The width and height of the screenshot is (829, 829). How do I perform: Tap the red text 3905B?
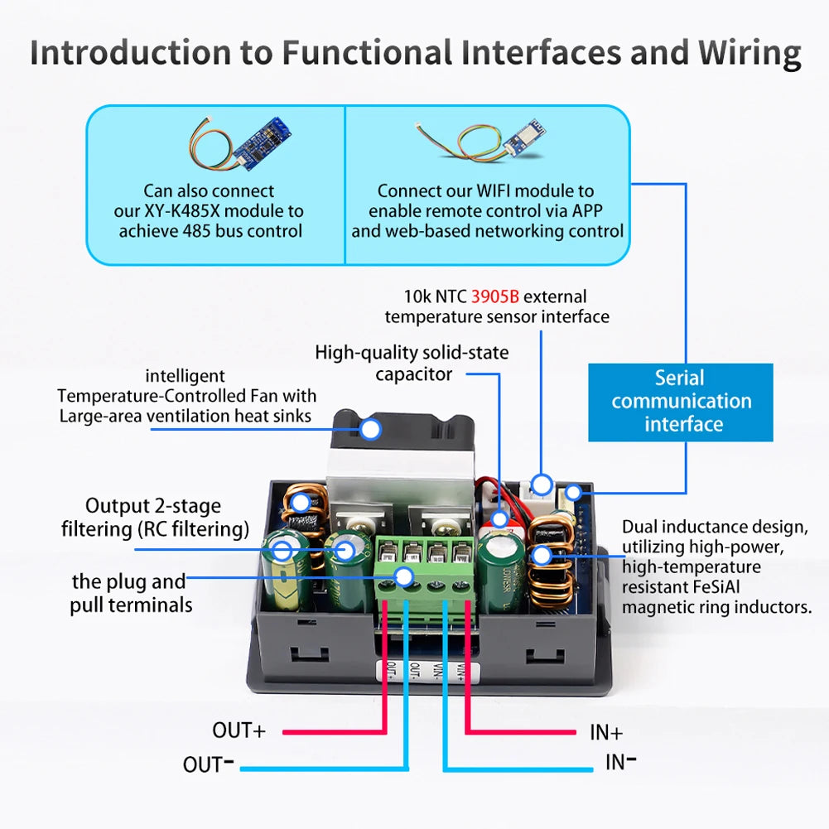click(x=495, y=296)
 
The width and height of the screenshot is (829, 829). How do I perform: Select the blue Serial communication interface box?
click(x=680, y=402)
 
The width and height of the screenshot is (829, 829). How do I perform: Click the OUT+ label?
click(x=239, y=730)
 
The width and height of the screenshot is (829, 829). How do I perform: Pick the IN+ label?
click(x=606, y=732)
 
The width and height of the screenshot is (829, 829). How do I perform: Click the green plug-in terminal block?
click(x=425, y=566)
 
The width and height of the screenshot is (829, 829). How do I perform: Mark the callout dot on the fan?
click(x=370, y=428)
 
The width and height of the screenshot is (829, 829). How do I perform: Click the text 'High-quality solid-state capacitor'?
click(x=412, y=364)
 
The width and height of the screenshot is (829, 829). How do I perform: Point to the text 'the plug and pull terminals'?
click(x=130, y=594)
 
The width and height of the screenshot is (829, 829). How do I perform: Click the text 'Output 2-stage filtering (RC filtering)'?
click(x=154, y=518)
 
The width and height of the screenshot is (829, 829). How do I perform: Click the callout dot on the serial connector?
click(x=572, y=494)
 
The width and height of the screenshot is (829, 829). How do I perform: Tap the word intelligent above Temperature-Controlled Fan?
click(x=185, y=376)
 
